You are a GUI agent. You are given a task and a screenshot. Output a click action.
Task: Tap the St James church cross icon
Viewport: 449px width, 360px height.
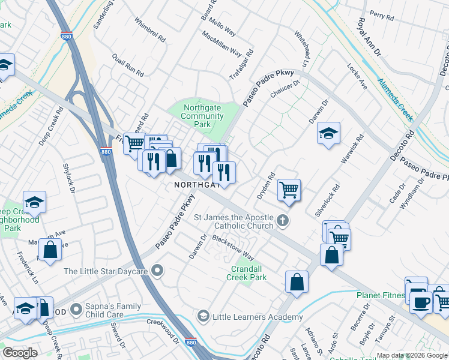[283, 221]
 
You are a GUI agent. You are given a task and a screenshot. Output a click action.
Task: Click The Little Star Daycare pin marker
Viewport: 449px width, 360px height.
[157, 271]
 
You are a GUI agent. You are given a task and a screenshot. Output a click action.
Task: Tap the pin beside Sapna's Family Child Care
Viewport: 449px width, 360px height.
[76, 310]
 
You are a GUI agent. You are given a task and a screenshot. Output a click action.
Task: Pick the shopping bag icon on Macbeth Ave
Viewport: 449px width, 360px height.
[50, 249]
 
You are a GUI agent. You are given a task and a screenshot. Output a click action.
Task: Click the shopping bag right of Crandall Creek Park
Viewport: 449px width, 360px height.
[297, 281]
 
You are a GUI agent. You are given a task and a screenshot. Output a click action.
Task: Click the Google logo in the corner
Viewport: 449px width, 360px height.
[20, 353]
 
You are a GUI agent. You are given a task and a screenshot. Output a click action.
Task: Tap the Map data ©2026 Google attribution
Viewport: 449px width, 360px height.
[412, 355]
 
